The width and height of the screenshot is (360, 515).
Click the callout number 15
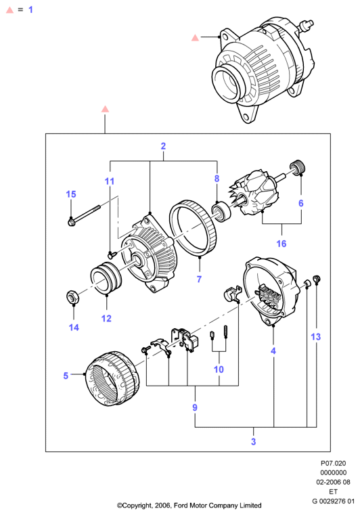tap(71, 194)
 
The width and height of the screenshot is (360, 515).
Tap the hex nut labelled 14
tap(72, 297)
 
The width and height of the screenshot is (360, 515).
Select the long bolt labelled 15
tap(84, 216)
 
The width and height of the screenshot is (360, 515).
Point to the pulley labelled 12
tap(106, 277)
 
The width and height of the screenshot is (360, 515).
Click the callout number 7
tap(199, 279)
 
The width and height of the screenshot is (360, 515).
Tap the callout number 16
tap(282, 244)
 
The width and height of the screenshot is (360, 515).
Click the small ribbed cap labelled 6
tap(298, 167)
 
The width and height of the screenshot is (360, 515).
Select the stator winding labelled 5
tap(112, 380)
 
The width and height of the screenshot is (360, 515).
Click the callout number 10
tap(219, 370)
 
